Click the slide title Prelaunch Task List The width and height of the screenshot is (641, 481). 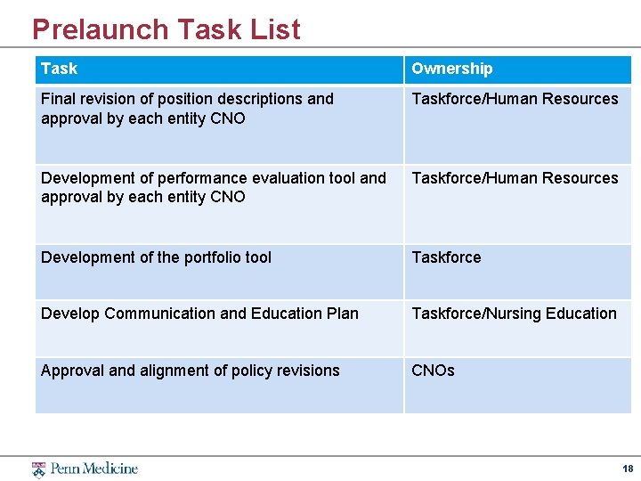[166, 29]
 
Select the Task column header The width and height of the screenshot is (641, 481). [59, 69]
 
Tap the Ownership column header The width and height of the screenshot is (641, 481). [451, 69]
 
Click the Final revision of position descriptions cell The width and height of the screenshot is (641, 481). [187, 109]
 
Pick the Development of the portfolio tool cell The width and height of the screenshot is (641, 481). [156, 257]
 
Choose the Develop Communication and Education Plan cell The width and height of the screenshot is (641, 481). [199, 314]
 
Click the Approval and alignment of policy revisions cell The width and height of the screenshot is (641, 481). [190, 371]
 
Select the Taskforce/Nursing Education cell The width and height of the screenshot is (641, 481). [514, 314]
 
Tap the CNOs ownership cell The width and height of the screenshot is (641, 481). [433, 371]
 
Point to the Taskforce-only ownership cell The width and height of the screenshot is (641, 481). [446, 257]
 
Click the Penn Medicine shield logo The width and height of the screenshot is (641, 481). [38, 469]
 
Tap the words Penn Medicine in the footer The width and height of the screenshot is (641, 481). [93, 469]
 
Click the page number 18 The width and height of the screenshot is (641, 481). [628, 469]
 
